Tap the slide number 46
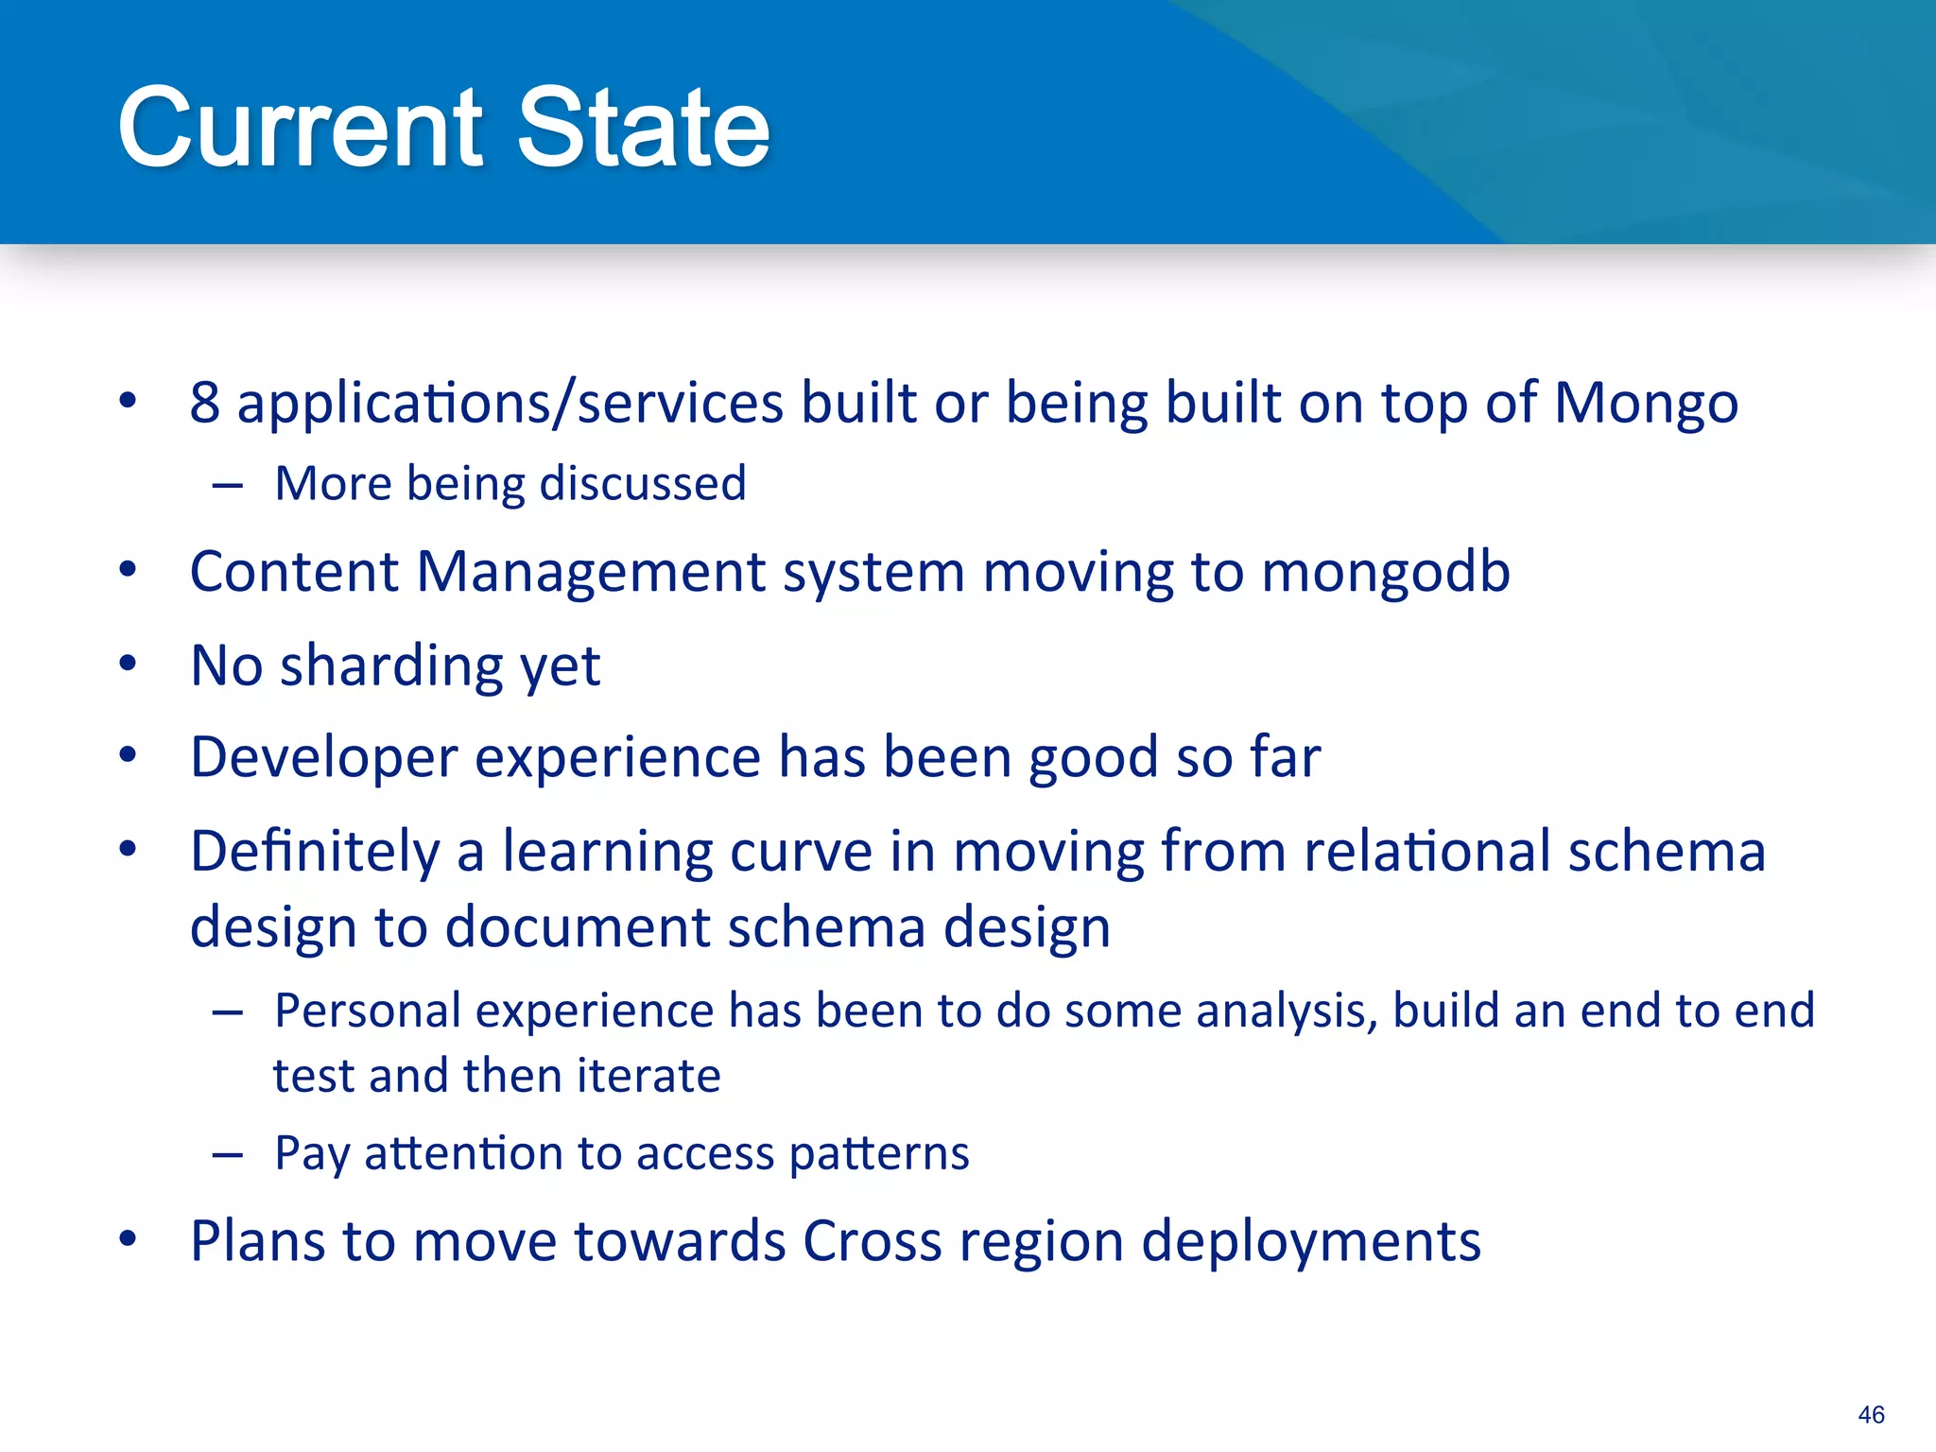[x=1870, y=1414]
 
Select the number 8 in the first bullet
[x=204, y=403]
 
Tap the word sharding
[x=391, y=665]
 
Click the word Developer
[x=323, y=758]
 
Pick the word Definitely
[x=315, y=851]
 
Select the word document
[x=577, y=926]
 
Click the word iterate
[x=648, y=1076]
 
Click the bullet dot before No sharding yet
[x=128, y=664]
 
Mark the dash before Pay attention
[x=228, y=1155]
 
